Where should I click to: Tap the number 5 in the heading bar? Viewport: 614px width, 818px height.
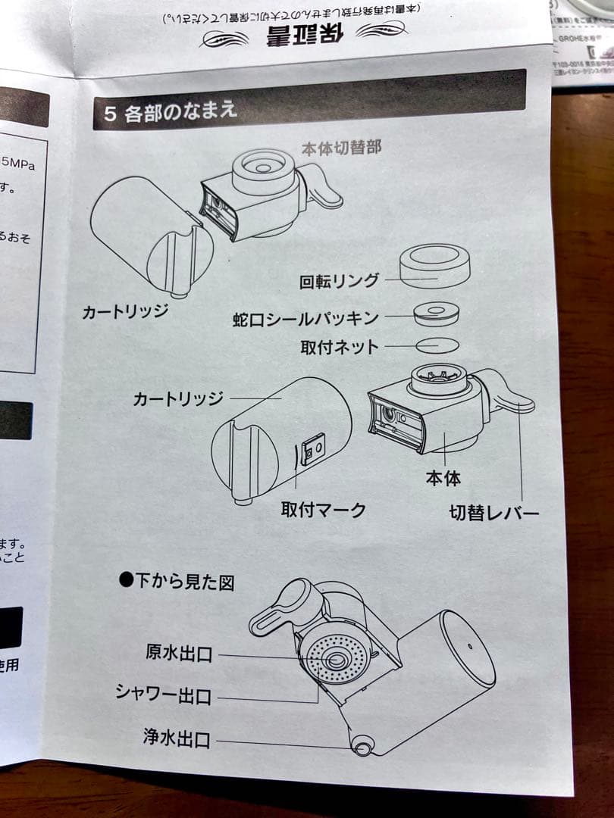110,114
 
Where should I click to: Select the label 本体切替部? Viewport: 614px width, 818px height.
341,148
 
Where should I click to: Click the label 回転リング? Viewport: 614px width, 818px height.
340,281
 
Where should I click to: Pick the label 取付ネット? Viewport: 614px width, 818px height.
339,347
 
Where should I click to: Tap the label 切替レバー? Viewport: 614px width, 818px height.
493,514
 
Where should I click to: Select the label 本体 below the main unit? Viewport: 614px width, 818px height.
443,478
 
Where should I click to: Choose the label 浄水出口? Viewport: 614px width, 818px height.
177,736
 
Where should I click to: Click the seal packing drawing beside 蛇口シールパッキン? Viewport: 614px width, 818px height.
436,313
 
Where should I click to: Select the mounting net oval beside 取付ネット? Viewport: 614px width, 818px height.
437,345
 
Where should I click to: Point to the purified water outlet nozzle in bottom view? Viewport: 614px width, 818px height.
362,747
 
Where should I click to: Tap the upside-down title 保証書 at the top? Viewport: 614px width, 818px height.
299,35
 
